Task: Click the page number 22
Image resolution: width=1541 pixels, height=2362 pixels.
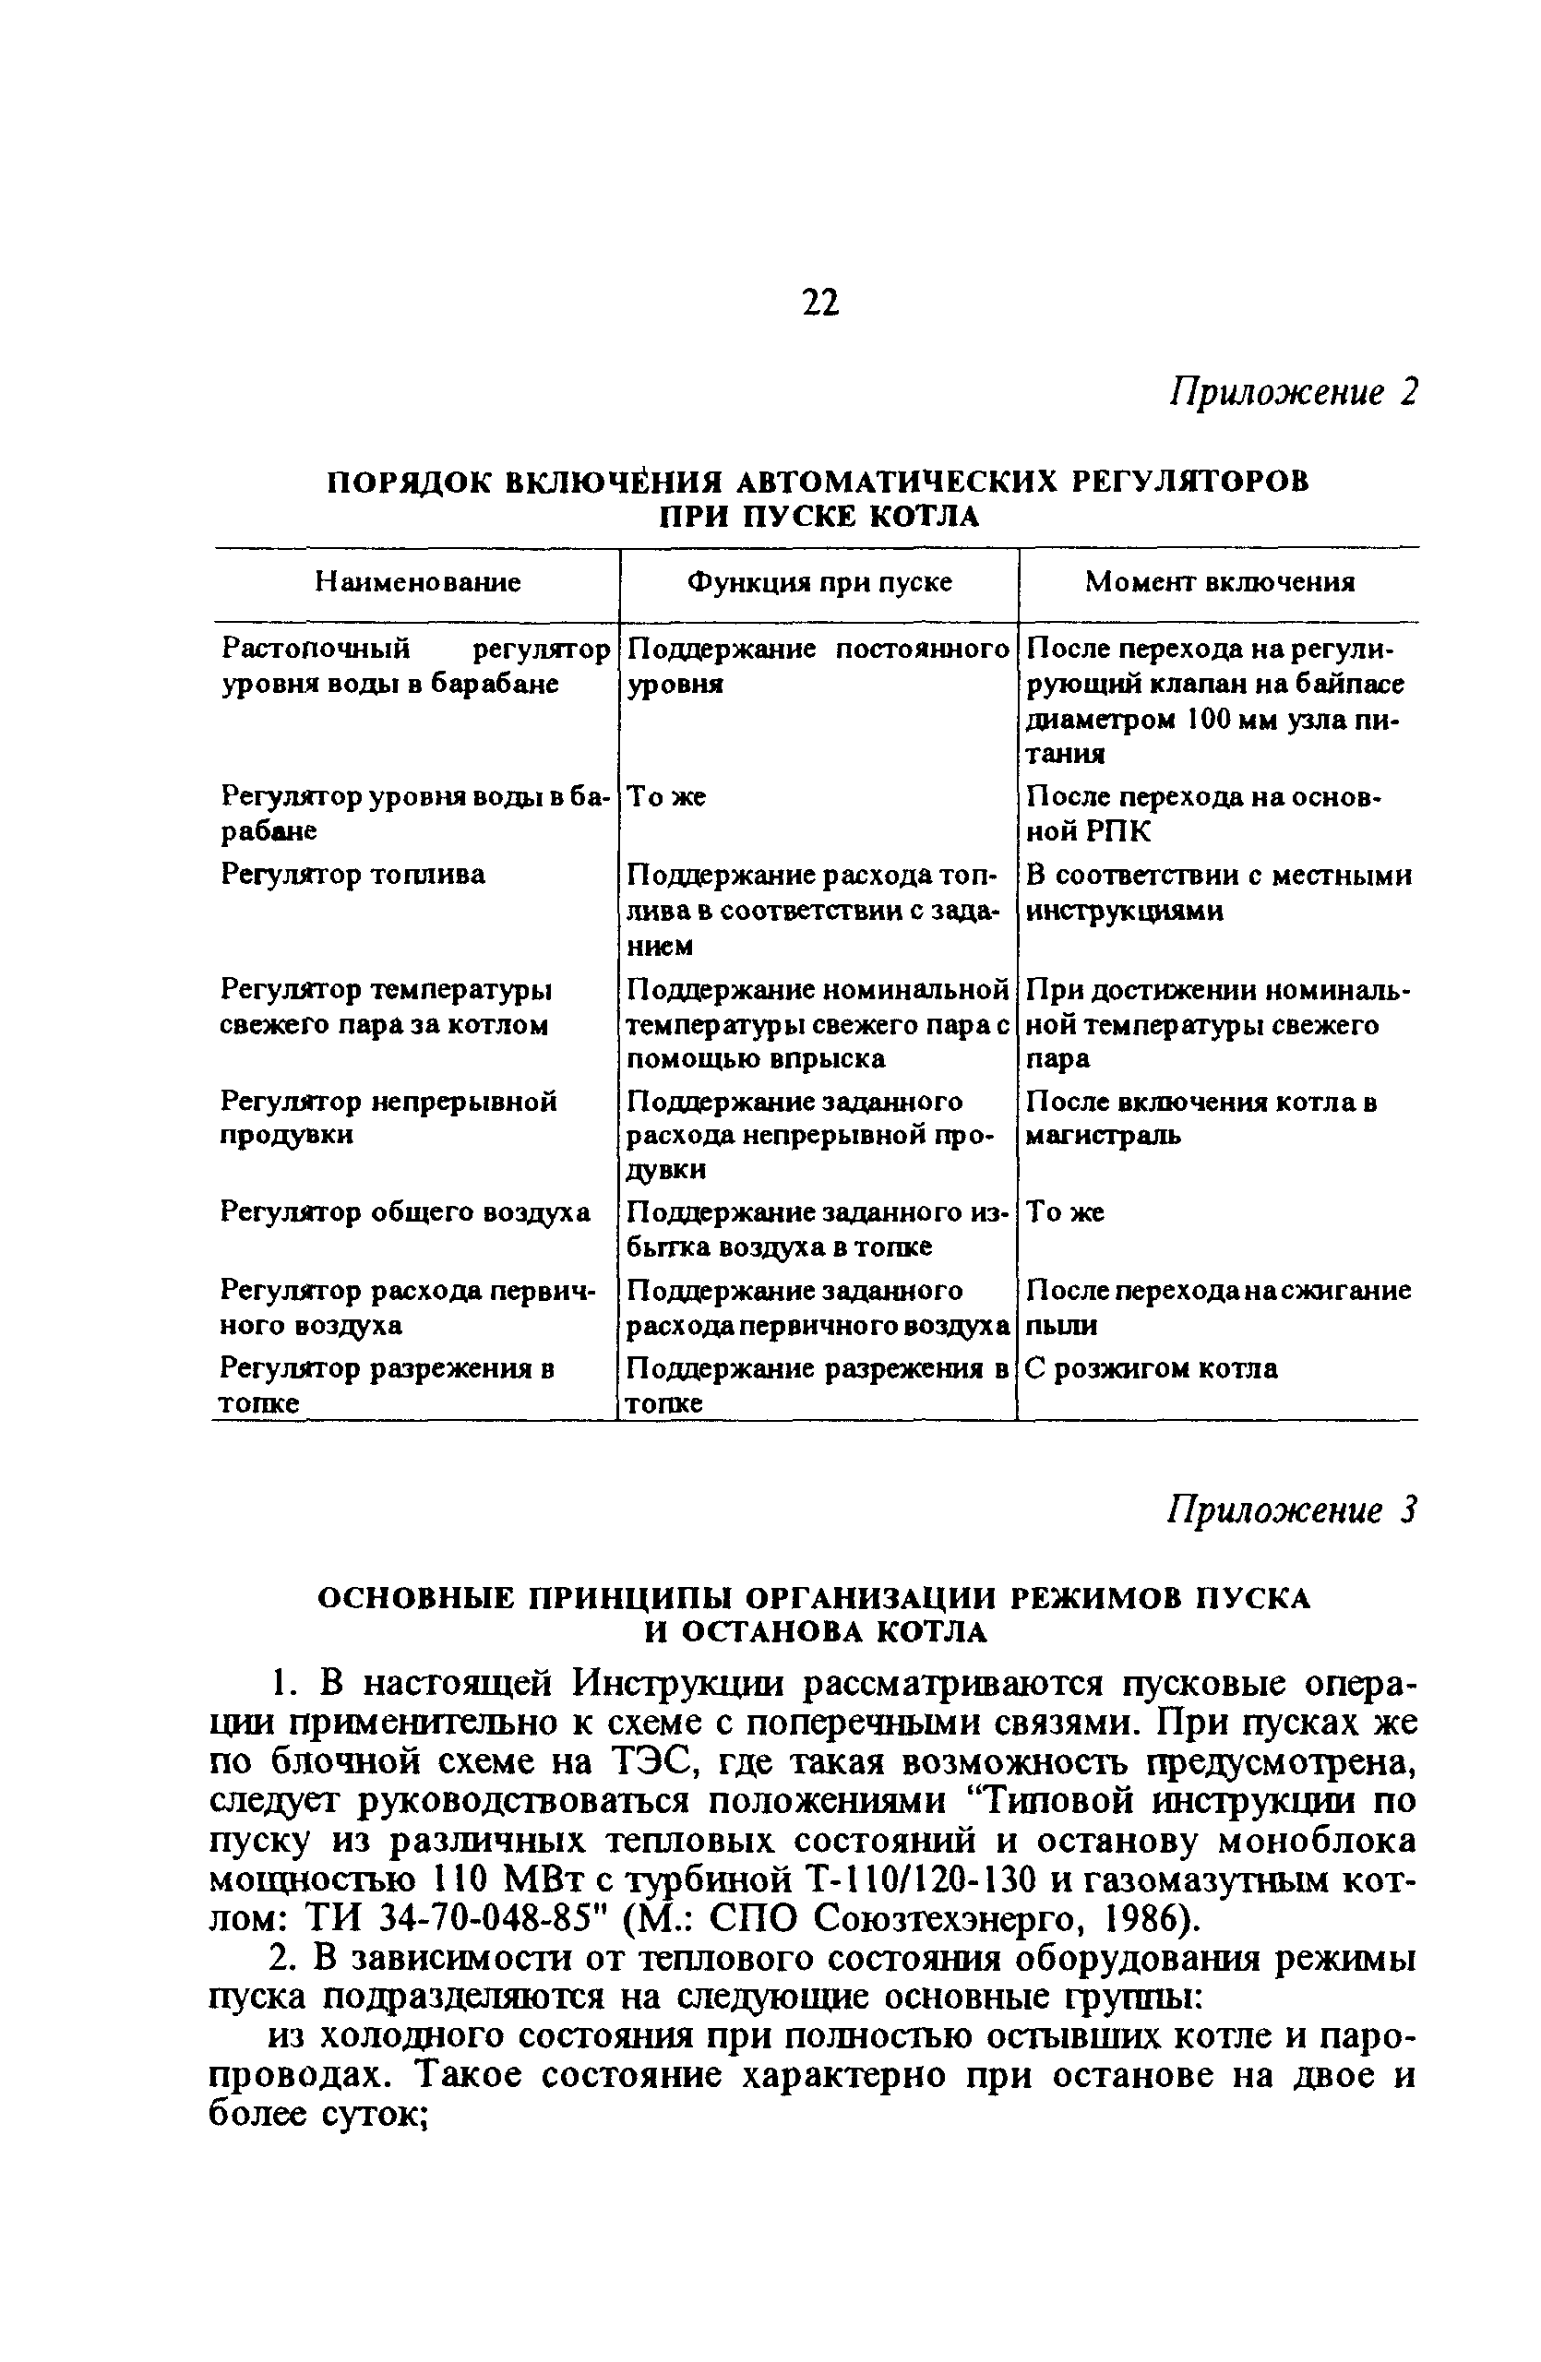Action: (x=818, y=302)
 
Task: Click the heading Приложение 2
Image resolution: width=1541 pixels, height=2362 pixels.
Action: (x=1293, y=392)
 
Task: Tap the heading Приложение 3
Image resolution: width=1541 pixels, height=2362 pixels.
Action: (x=1291, y=1510)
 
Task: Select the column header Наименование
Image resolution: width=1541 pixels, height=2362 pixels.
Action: (x=418, y=582)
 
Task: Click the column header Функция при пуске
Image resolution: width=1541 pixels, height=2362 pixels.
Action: (x=819, y=582)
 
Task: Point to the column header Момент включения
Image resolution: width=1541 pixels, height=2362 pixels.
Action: (x=1219, y=582)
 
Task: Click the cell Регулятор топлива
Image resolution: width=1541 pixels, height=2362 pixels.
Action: (x=353, y=876)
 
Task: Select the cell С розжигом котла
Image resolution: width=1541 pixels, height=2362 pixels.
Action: (x=1151, y=1369)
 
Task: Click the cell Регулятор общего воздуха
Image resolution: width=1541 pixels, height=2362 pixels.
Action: (x=405, y=1212)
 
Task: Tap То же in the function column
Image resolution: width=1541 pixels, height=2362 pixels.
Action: (x=667, y=797)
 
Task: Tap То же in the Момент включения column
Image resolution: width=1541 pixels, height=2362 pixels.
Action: (x=1065, y=1212)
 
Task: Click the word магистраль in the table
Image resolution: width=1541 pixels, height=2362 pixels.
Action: (x=1103, y=1137)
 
